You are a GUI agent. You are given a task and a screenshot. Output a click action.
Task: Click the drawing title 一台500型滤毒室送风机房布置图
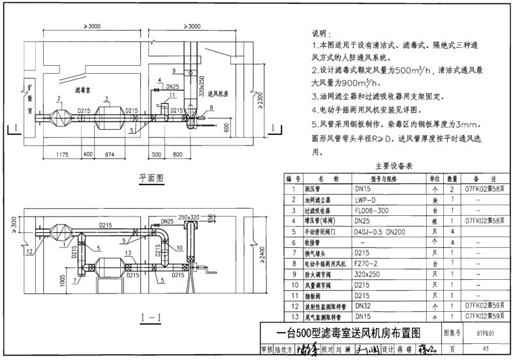point(349,331)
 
